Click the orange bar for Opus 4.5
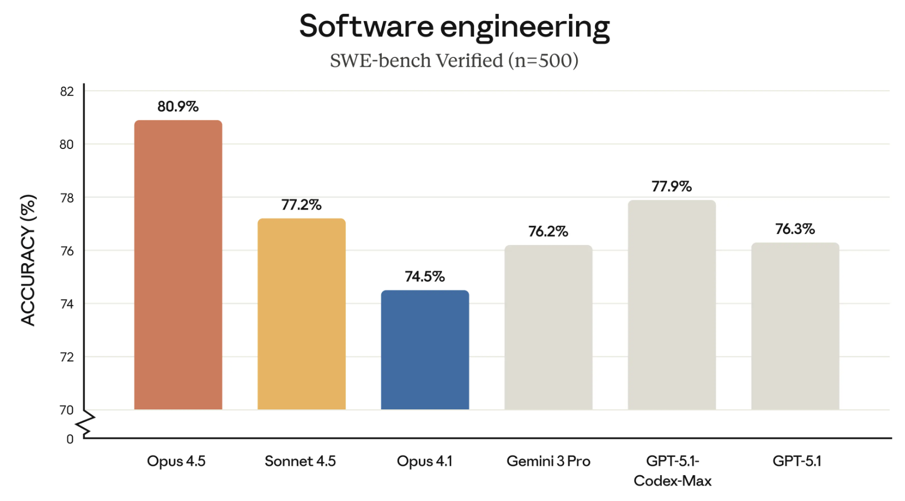178,265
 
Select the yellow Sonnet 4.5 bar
301,315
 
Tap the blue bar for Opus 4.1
425,350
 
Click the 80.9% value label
178,106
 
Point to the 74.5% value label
425,276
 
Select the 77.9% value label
672,186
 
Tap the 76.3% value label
795,229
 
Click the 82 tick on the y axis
67,92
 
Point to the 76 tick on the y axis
67,252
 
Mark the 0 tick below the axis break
70,439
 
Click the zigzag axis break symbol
86,424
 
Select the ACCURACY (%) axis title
28,260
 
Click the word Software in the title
363,26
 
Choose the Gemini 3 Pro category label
548,461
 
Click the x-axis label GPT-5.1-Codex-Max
672,471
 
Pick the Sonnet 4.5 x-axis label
300,461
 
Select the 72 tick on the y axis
67,358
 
